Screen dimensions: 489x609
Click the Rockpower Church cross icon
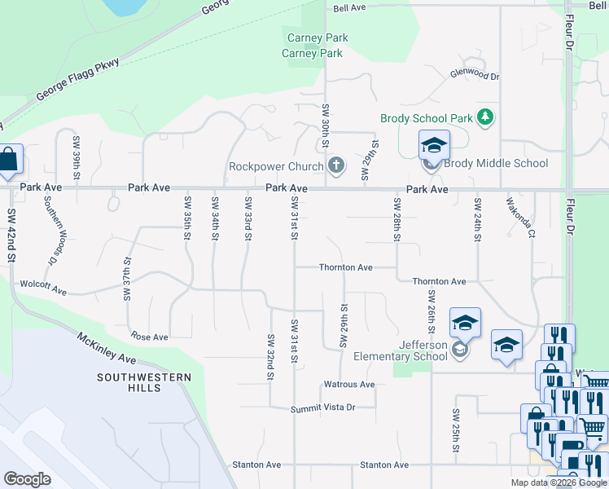(335, 166)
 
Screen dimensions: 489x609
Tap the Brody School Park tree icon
(485, 117)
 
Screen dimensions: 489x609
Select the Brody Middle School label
(496, 163)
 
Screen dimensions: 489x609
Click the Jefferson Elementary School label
(401, 350)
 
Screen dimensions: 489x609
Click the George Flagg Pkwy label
(77, 80)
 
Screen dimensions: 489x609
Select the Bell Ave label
(349, 8)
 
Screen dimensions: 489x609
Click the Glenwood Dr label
(475, 75)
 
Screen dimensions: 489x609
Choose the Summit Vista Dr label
(324, 407)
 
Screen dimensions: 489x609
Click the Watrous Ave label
(349, 384)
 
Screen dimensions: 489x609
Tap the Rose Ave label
(149, 337)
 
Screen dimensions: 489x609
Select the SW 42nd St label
(12, 236)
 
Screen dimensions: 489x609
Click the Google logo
(28, 479)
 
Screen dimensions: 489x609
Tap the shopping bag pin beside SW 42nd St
(8, 161)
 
